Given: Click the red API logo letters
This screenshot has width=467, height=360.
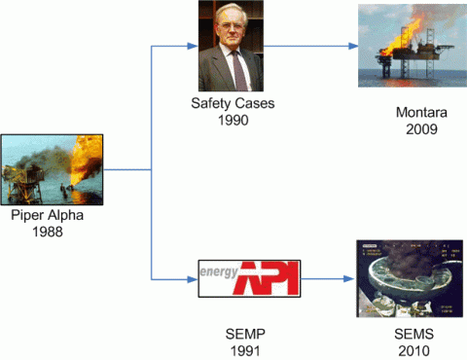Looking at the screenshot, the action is click(268, 278).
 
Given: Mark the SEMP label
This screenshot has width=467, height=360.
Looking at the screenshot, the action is click(244, 334).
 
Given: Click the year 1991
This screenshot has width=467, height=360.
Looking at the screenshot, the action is click(244, 349).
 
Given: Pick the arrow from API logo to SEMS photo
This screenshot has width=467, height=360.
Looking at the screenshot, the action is click(323, 279).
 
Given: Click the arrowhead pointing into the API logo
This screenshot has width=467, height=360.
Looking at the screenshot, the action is click(191, 279).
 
